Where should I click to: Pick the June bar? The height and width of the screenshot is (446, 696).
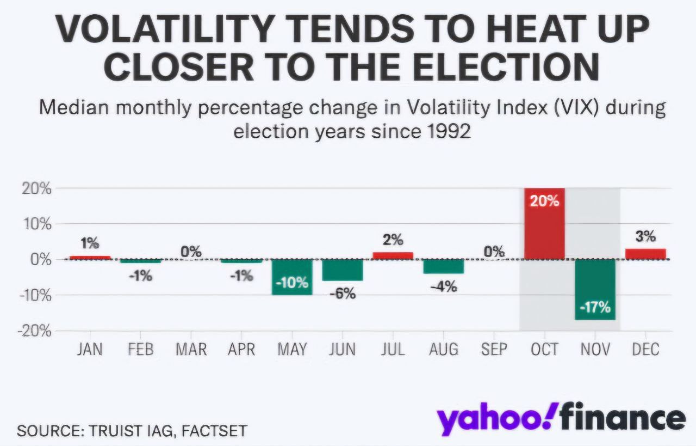coord(342,270)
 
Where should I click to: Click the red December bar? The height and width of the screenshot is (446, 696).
coord(645,254)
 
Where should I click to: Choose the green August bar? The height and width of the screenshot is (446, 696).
coord(444,266)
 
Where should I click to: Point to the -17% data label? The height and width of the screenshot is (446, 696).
coord(595,308)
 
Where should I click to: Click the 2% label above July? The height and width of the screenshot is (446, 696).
coord(393,240)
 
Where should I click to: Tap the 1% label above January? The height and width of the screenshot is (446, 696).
coord(90,243)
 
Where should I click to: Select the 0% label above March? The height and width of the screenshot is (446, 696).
coord(191,252)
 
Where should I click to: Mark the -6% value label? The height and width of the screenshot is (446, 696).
coord(343,294)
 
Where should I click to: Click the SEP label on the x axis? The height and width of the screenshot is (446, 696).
coord(494,349)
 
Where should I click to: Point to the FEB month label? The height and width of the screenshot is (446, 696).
coord(140,349)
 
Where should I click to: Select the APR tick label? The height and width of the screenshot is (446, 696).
coord(241,349)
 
